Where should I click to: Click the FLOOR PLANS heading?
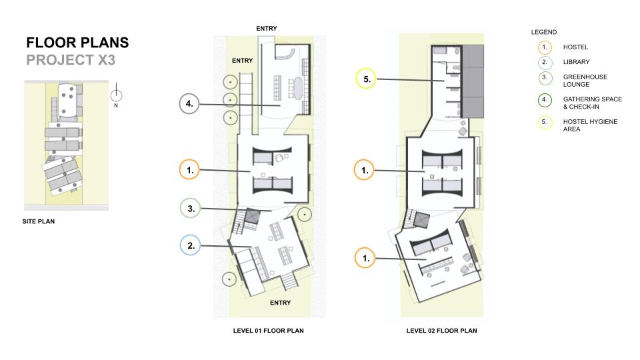point(77,43)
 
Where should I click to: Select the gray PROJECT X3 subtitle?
point(71,60)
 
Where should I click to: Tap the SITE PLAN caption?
point(39,221)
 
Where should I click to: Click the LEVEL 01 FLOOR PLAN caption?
point(268,331)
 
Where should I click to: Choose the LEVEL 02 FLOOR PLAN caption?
point(441,331)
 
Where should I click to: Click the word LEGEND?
point(544,32)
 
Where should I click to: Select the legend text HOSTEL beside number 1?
point(575,47)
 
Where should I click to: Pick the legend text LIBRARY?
point(576,61)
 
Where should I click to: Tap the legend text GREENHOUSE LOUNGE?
point(585,81)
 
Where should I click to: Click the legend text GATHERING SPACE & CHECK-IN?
point(593,103)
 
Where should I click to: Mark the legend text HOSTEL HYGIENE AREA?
point(590,125)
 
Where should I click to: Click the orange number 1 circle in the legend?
point(545,47)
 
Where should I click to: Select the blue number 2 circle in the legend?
point(545,62)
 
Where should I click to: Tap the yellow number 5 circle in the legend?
point(545,122)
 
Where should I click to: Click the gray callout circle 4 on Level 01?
point(189,104)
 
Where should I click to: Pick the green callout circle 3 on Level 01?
point(190,208)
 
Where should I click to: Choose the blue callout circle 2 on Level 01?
point(190,245)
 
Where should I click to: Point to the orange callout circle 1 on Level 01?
point(189,170)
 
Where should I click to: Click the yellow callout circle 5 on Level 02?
point(366,79)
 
